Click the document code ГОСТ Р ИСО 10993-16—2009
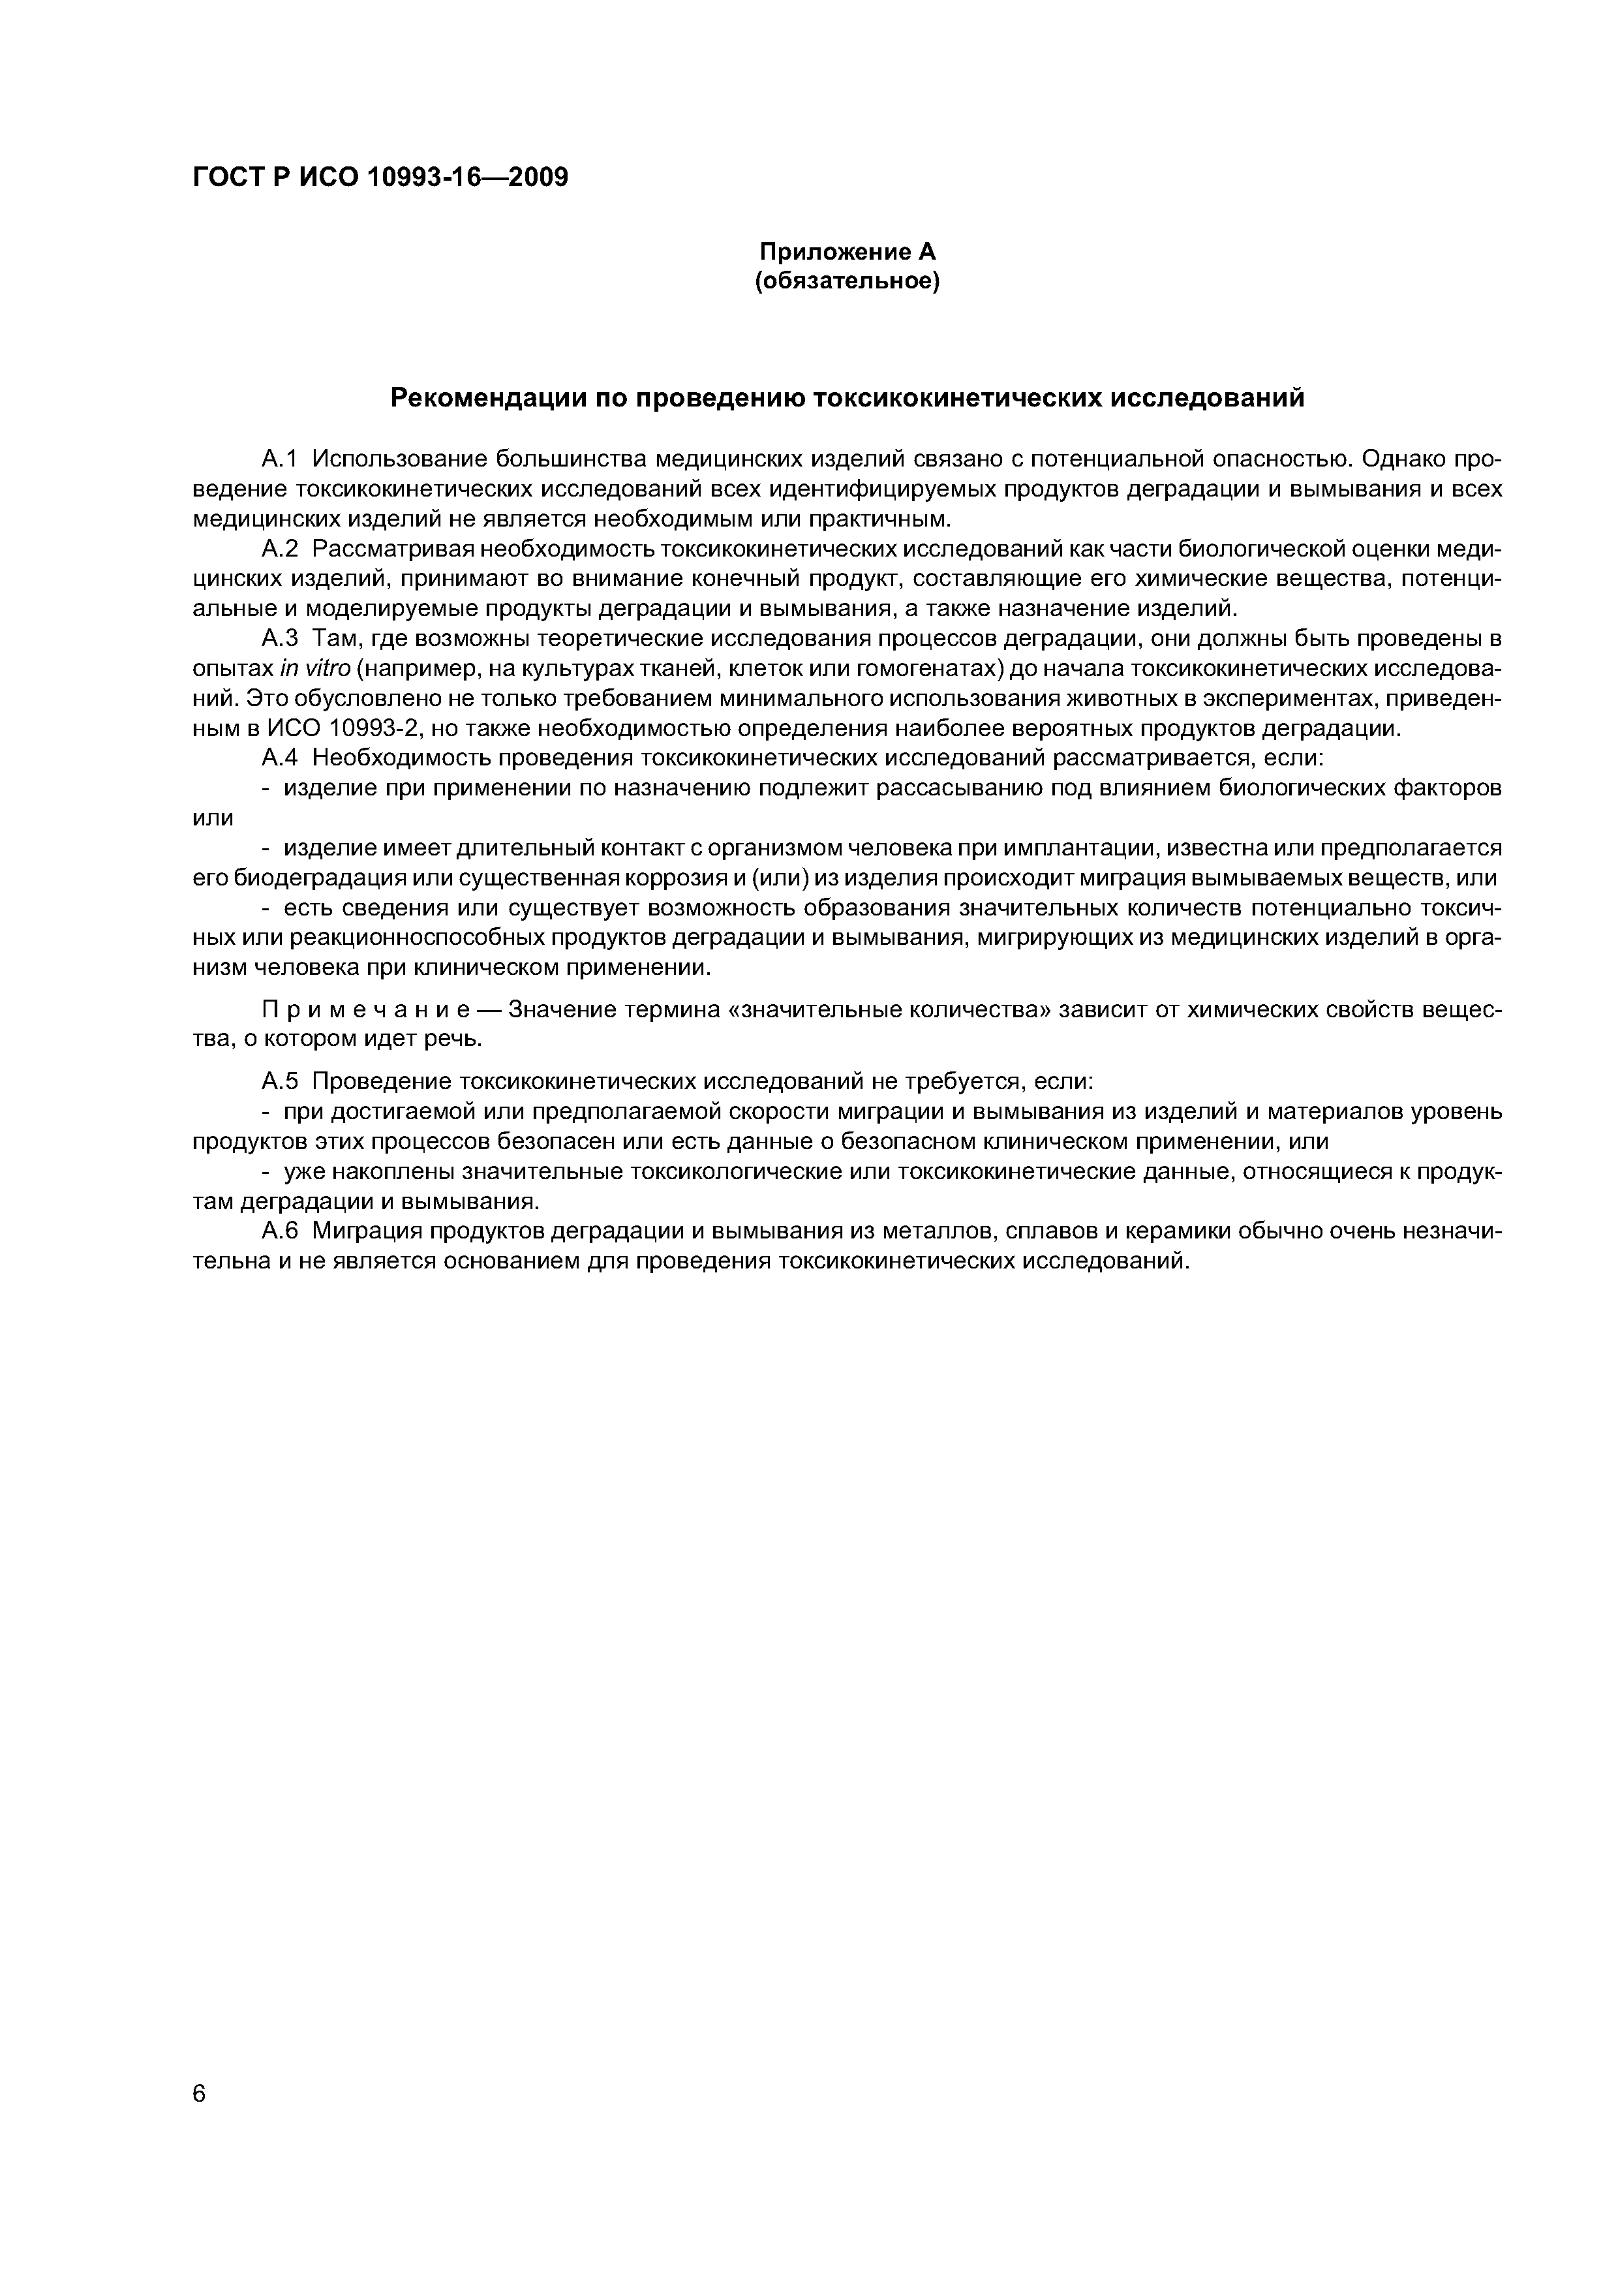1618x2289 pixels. pos(380,177)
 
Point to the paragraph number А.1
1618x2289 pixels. pos(279,459)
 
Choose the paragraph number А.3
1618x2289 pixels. pos(279,638)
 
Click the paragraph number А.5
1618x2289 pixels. pos(279,1082)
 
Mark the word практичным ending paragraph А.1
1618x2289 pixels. pos(878,518)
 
